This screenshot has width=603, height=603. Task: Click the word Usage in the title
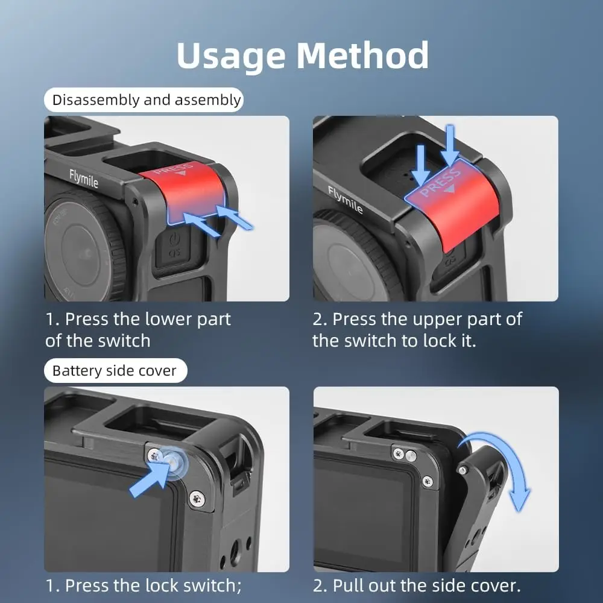click(x=231, y=56)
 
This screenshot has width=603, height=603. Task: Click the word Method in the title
click(x=362, y=55)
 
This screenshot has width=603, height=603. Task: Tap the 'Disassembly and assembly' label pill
click(x=144, y=99)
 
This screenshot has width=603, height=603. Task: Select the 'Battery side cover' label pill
click(x=115, y=370)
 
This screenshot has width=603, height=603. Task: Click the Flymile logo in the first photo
click(x=83, y=178)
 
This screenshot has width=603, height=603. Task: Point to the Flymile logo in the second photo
click(x=345, y=199)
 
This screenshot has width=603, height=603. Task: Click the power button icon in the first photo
click(x=175, y=239)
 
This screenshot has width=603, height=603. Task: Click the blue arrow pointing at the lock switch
click(x=149, y=479)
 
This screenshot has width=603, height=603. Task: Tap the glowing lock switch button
click(x=172, y=460)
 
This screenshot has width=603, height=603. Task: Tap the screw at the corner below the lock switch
click(x=197, y=499)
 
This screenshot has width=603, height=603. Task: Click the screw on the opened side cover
click(x=463, y=470)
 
